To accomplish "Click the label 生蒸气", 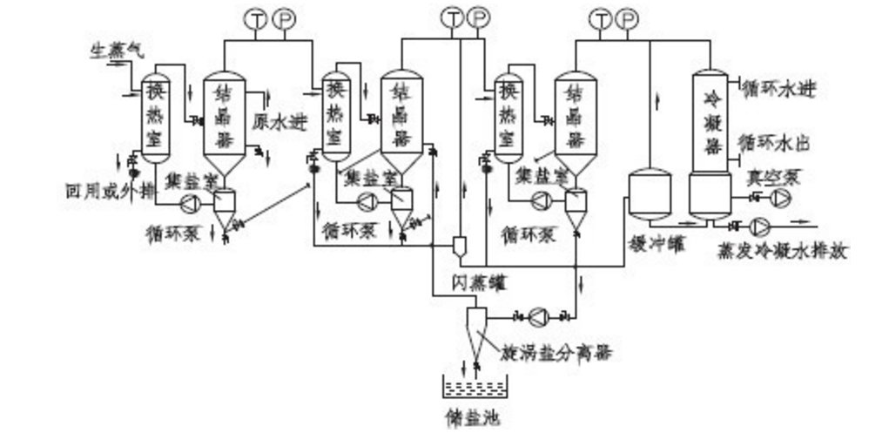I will [116, 52].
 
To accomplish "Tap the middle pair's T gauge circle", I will [452, 17].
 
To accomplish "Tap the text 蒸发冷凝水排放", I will [781, 251].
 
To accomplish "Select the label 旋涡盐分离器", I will [555, 353].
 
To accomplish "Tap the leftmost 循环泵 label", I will [173, 232].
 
